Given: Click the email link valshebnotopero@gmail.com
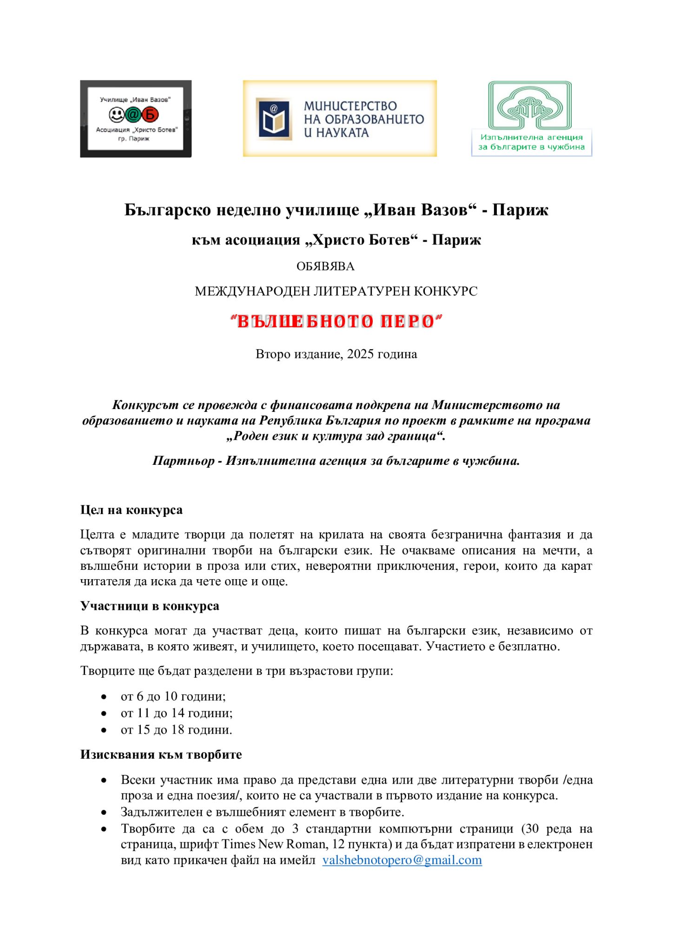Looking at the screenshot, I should [x=402, y=860].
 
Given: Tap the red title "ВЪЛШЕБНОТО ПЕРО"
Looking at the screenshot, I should [x=336, y=321].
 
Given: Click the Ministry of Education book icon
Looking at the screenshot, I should [x=274, y=119].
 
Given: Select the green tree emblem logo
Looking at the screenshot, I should [x=529, y=106].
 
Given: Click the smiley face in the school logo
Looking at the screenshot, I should [x=117, y=114].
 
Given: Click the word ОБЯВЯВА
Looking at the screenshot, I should [x=325, y=266].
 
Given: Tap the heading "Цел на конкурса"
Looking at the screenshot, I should [x=131, y=510].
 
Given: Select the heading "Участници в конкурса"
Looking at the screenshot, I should [x=149, y=606].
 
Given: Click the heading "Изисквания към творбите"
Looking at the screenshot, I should [x=161, y=754].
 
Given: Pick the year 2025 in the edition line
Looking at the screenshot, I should [x=360, y=354].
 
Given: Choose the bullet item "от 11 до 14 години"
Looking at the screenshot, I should [x=177, y=713].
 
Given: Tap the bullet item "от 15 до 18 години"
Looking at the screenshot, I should [x=176, y=730].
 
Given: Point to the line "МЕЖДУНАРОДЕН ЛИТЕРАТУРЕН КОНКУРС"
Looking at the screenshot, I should [x=336, y=291].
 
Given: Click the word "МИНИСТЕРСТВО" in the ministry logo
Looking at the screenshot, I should [x=350, y=106].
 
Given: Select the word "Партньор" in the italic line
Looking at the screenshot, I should [x=184, y=461].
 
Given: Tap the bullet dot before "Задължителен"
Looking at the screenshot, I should [x=104, y=813].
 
